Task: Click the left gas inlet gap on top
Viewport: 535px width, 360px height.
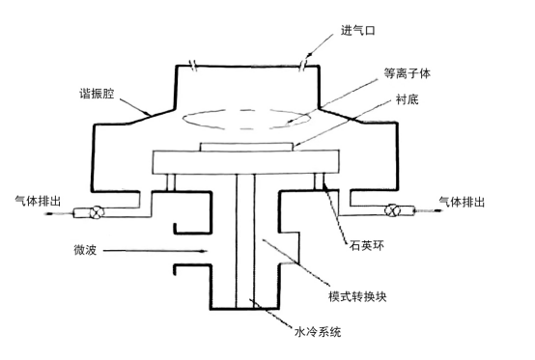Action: pos(193,65)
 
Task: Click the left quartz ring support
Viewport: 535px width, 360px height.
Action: pos(170,180)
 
